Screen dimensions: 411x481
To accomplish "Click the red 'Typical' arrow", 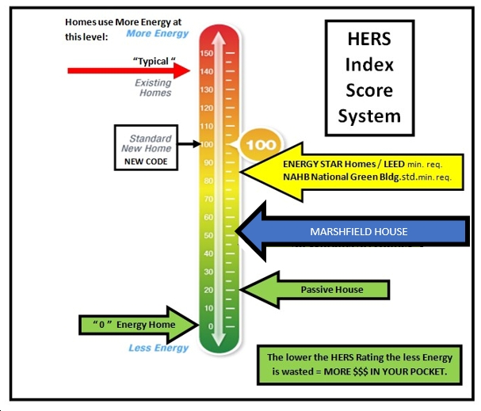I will [127, 71].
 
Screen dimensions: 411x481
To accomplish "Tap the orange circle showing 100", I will [259, 146].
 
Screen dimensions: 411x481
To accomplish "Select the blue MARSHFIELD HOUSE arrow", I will [357, 231].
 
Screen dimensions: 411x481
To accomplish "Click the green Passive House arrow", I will [317, 290].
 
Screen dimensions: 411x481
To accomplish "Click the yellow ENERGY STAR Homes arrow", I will [349, 170].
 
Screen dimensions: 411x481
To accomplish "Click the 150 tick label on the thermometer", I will [206, 53].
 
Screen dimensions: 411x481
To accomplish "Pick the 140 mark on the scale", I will [206, 71].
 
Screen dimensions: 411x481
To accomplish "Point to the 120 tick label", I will [206, 108].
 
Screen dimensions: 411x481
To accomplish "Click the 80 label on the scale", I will [208, 181].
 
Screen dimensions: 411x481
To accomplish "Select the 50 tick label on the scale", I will [208, 235].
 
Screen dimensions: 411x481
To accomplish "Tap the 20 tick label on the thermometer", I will [208, 290].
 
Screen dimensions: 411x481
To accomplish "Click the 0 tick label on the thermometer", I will [211, 326].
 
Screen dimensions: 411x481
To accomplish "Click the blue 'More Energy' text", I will [158, 34].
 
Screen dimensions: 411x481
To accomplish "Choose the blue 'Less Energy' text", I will [158, 348].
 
